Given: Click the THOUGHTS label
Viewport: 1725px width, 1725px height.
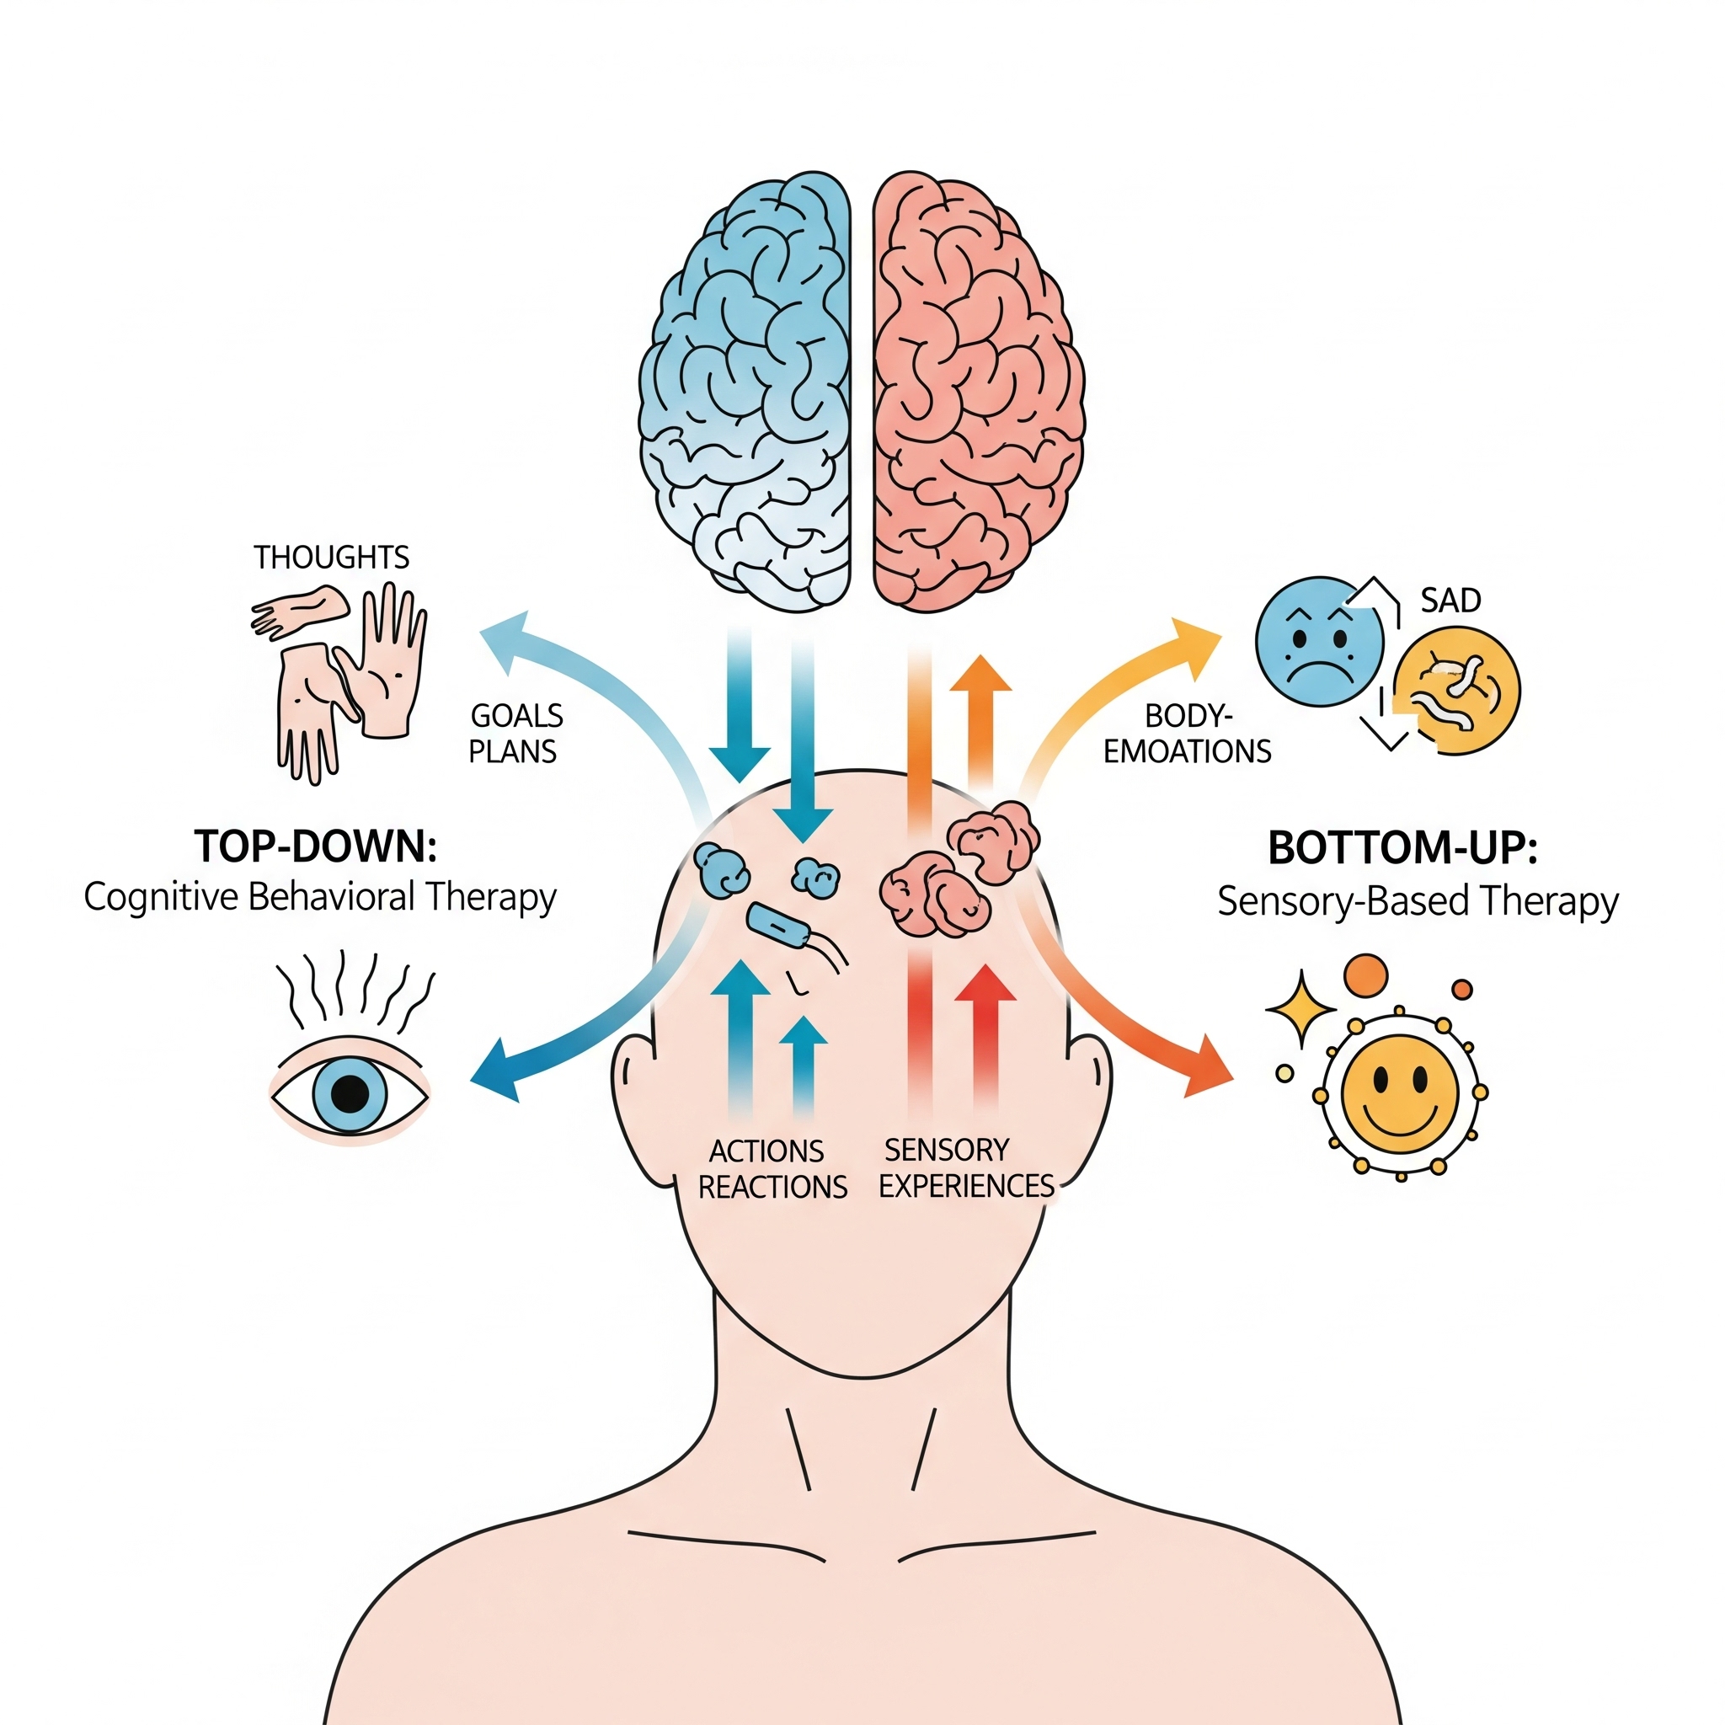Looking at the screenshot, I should point(331,558).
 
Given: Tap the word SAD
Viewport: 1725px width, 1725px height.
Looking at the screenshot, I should point(1451,600).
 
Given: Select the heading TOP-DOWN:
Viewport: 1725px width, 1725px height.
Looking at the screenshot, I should point(316,846).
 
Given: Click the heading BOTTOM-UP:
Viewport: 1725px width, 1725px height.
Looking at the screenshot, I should point(1402,848).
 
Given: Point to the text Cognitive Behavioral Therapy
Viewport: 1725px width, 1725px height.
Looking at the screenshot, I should point(319,897).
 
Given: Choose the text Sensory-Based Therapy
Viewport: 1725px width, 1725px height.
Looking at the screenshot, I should point(1417,902).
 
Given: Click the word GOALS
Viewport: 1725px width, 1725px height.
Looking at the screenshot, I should point(516,716).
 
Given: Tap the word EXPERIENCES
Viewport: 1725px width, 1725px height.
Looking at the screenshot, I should point(967,1186).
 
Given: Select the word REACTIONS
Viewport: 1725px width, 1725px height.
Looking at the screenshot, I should point(772,1187).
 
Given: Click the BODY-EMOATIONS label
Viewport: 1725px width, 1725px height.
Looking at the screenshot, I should point(1188,734).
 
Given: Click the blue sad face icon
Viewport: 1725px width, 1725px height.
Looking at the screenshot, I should point(1319,641).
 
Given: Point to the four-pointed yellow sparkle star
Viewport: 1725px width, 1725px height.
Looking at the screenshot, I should point(1300,1009).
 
